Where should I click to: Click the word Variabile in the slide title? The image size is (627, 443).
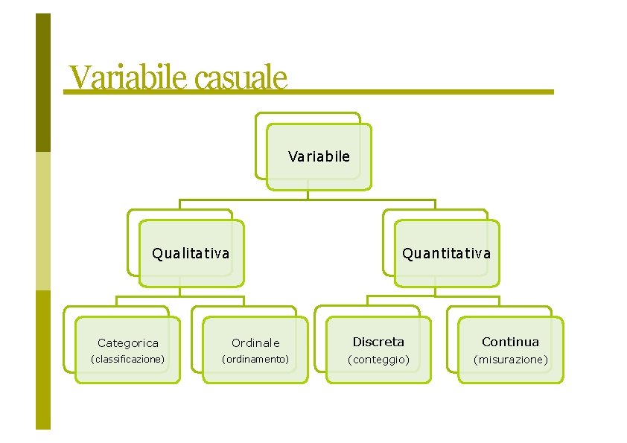127,77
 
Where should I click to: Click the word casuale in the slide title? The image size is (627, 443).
240,77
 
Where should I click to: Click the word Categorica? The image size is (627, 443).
128,343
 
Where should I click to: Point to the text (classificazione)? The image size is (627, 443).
127,359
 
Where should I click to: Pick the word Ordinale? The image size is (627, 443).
255,343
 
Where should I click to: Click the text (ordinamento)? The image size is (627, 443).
255,359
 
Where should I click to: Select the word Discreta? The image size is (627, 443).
378,342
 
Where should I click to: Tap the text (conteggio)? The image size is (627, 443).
378,360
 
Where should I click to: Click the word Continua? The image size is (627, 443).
510,342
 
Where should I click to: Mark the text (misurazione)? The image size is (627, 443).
511,360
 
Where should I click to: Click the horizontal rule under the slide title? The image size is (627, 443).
417,92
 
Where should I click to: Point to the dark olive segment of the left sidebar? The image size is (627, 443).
43,82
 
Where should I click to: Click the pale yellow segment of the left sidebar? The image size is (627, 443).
43,220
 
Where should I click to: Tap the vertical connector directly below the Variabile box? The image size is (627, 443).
308,195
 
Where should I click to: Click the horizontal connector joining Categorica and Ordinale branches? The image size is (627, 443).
179,297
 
